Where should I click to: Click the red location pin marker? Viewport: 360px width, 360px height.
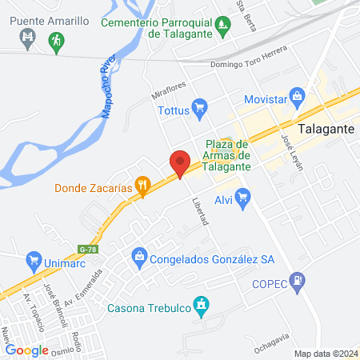pos(180,163)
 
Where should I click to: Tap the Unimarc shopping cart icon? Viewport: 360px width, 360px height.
pos(34,260)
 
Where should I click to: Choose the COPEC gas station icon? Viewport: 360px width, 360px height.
pos(298,280)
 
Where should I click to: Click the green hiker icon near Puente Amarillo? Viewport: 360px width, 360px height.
pos(55,39)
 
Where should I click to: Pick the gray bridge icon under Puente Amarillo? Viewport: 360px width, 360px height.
pos(29,37)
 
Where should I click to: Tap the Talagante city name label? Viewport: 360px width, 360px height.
pos(325,128)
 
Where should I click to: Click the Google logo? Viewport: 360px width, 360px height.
pos(26,350)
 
